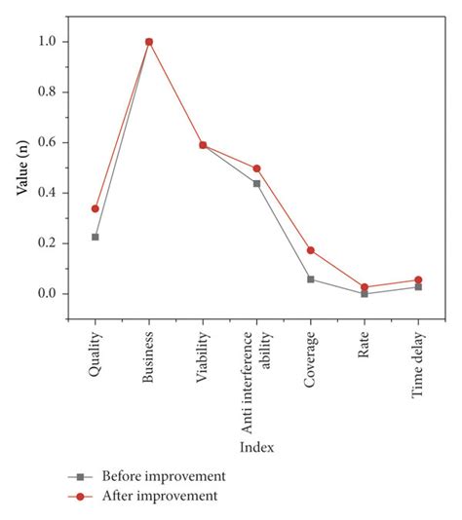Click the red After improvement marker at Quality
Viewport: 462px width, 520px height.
[x=96, y=208]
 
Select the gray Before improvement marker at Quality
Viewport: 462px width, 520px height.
[x=96, y=237]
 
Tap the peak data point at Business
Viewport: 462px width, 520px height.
[x=149, y=42]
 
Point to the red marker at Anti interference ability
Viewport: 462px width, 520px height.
[x=257, y=168]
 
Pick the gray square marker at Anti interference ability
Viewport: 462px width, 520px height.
[x=257, y=183]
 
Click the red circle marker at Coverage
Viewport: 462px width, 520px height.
[x=311, y=250]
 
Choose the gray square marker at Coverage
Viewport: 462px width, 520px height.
[x=311, y=279]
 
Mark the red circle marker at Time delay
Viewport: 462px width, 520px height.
[x=418, y=280]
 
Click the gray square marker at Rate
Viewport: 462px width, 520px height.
[x=365, y=293]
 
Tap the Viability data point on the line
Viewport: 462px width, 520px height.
[x=203, y=145]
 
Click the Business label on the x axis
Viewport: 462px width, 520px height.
[x=149, y=361]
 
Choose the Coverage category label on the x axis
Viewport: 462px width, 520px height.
[x=311, y=363]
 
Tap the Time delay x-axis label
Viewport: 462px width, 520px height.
[x=418, y=366]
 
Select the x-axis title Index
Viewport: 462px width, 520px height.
[x=257, y=447]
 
